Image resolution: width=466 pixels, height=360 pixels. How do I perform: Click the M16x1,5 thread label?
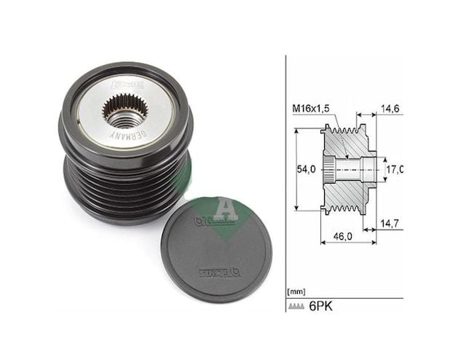point(311,109)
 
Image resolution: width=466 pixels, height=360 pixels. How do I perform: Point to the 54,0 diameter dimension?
point(309,170)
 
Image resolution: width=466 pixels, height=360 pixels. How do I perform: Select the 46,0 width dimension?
point(341,237)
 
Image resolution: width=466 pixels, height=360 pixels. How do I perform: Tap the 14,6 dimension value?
point(390,107)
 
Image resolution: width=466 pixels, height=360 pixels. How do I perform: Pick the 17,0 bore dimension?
point(393,170)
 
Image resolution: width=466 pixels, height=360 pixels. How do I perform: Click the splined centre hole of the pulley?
point(125,110)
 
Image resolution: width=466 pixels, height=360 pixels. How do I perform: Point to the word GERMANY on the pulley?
point(130,136)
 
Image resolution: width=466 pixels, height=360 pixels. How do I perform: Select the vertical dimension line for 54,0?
point(297,170)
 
